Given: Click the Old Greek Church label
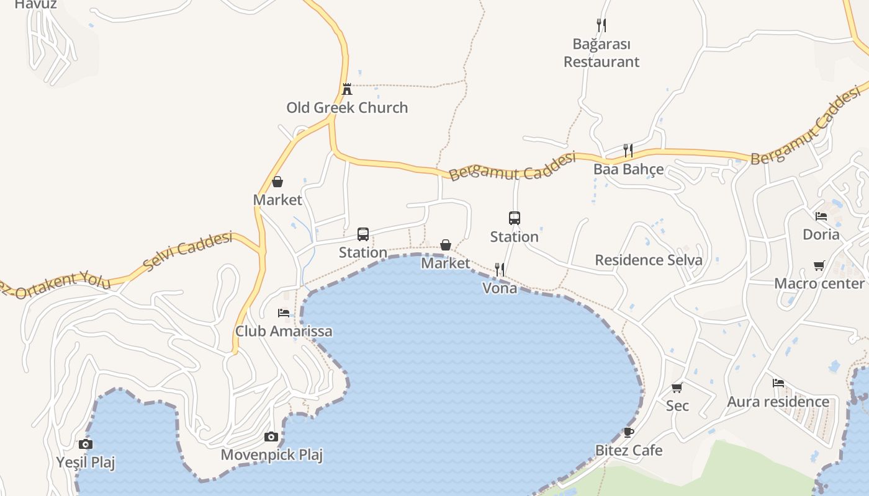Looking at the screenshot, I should tap(347, 107).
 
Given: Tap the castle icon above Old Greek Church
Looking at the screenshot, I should tap(347, 89).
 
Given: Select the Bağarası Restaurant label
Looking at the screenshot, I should tap(601, 53).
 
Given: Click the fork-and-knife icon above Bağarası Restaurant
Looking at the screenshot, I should tap(601, 25).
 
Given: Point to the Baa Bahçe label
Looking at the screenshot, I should tap(628, 169).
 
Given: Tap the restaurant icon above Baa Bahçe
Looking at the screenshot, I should tap(628, 150).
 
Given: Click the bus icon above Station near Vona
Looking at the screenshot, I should tap(515, 218).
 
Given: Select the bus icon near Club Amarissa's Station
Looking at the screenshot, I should tap(363, 234).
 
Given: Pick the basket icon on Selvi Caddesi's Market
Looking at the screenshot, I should tap(277, 182).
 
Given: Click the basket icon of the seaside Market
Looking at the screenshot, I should tap(446, 245).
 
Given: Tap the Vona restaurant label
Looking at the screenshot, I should tap(500, 288).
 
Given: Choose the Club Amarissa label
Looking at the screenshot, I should tap(284, 331).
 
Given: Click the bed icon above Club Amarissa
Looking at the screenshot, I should tap(284, 313).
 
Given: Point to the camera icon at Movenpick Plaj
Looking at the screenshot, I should tap(271, 437).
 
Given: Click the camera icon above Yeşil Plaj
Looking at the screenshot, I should tap(86, 444).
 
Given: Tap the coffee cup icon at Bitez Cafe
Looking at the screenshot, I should tap(628, 432).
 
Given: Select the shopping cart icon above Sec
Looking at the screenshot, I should tap(677, 388).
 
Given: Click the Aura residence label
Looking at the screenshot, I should tap(778, 402).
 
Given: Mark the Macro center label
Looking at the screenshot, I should tap(819, 283).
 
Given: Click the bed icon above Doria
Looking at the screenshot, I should tap(821, 216).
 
